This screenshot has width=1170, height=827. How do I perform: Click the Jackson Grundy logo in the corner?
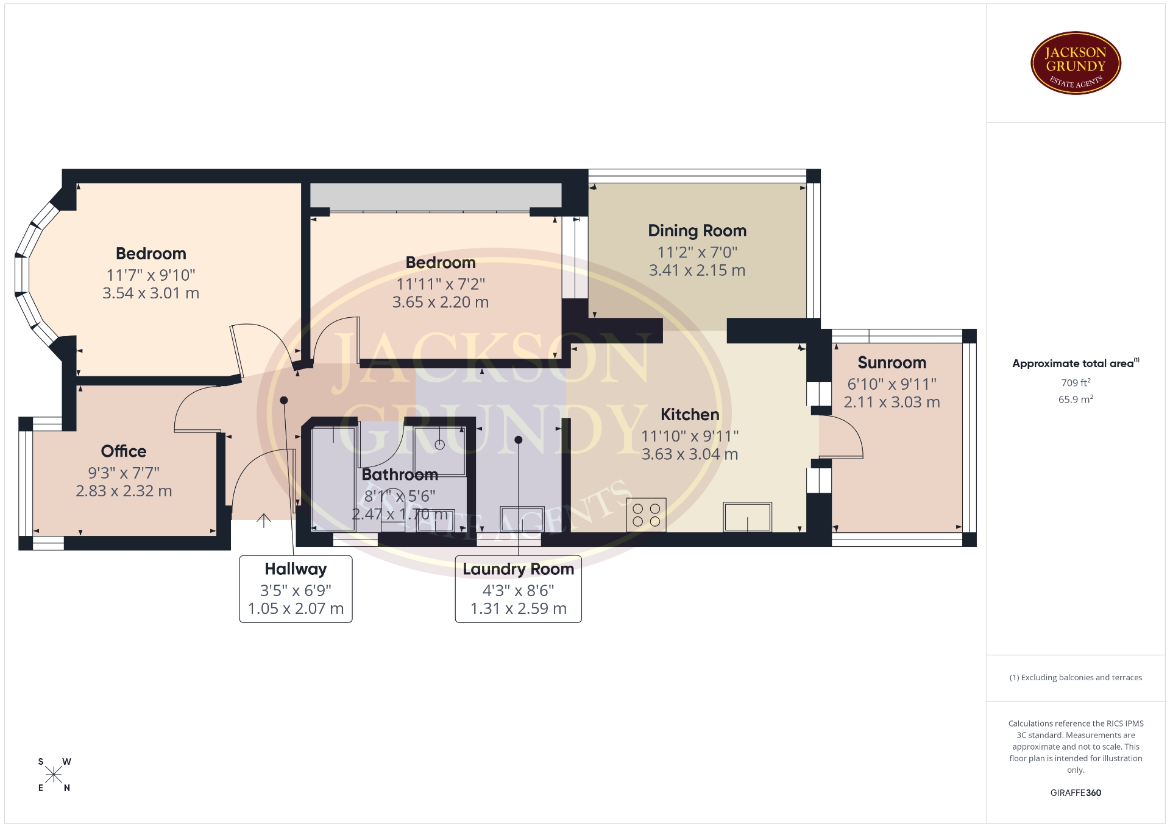tap(1076, 63)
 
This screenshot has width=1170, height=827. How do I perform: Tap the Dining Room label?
tap(697, 231)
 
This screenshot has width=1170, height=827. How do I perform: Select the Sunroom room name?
tap(892, 362)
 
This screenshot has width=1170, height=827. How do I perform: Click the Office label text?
tap(124, 451)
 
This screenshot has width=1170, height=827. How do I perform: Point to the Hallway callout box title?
tap(296, 569)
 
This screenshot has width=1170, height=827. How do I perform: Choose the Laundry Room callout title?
tap(518, 569)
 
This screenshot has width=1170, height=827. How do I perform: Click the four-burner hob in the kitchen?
tap(646, 515)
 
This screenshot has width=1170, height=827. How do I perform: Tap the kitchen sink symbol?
tap(747, 517)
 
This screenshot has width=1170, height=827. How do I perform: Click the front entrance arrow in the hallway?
tap(263, 521)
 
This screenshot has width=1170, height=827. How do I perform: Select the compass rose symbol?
tap(54, 775)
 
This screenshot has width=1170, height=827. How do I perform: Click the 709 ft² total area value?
tap(1076, 383)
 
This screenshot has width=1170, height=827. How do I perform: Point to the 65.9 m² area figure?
tap(1076, 399)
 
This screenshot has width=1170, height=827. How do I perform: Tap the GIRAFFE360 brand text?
tap(1076, 793)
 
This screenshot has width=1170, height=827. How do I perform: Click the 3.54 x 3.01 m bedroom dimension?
tap(151, 294)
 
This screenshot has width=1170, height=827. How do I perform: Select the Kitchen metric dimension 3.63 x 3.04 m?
tap(690, 454)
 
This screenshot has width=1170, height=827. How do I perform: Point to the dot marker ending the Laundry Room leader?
tap(518, 440)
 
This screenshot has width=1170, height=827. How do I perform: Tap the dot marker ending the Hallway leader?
tap(283, 400)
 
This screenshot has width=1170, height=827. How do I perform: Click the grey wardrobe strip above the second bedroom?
tap(436, 195)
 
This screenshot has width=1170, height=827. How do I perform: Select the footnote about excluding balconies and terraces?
tap(1076, 678)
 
